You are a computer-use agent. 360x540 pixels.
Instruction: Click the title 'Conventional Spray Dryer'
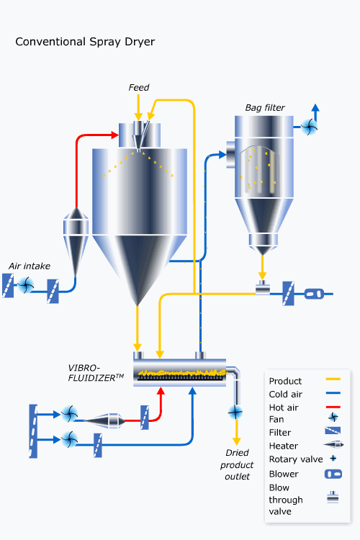[85, 42]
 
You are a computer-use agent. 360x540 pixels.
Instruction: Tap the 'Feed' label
[139, 87]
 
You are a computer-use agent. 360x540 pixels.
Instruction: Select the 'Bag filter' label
[265, 108]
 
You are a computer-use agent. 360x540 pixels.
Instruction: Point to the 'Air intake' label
[30, 266]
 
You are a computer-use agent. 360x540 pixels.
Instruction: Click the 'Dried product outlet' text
[237, 464]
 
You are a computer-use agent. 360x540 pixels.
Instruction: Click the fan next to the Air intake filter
[25, 285]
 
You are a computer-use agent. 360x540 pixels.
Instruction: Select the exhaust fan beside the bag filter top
[309, 127]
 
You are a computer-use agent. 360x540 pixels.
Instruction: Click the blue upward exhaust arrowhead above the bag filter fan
[315, 107]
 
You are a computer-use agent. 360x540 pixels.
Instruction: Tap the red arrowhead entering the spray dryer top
[115, 135]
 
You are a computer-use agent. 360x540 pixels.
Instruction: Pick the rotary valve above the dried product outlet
[235, 412]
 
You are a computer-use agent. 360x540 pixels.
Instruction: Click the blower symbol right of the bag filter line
[314, 294]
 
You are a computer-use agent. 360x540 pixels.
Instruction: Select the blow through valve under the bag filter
[263, 289]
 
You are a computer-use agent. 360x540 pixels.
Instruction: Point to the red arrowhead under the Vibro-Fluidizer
[161, 391]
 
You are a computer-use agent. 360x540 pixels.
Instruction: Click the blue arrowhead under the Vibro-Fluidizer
[192, 391]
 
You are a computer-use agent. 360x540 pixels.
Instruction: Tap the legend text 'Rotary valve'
[296, 459]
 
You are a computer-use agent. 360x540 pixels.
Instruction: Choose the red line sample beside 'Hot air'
[333, 407]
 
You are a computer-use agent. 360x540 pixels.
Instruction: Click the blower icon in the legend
[333, 474]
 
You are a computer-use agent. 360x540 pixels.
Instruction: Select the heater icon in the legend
[333, 445]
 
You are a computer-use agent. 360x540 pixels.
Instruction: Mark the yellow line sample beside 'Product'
[333, 379]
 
